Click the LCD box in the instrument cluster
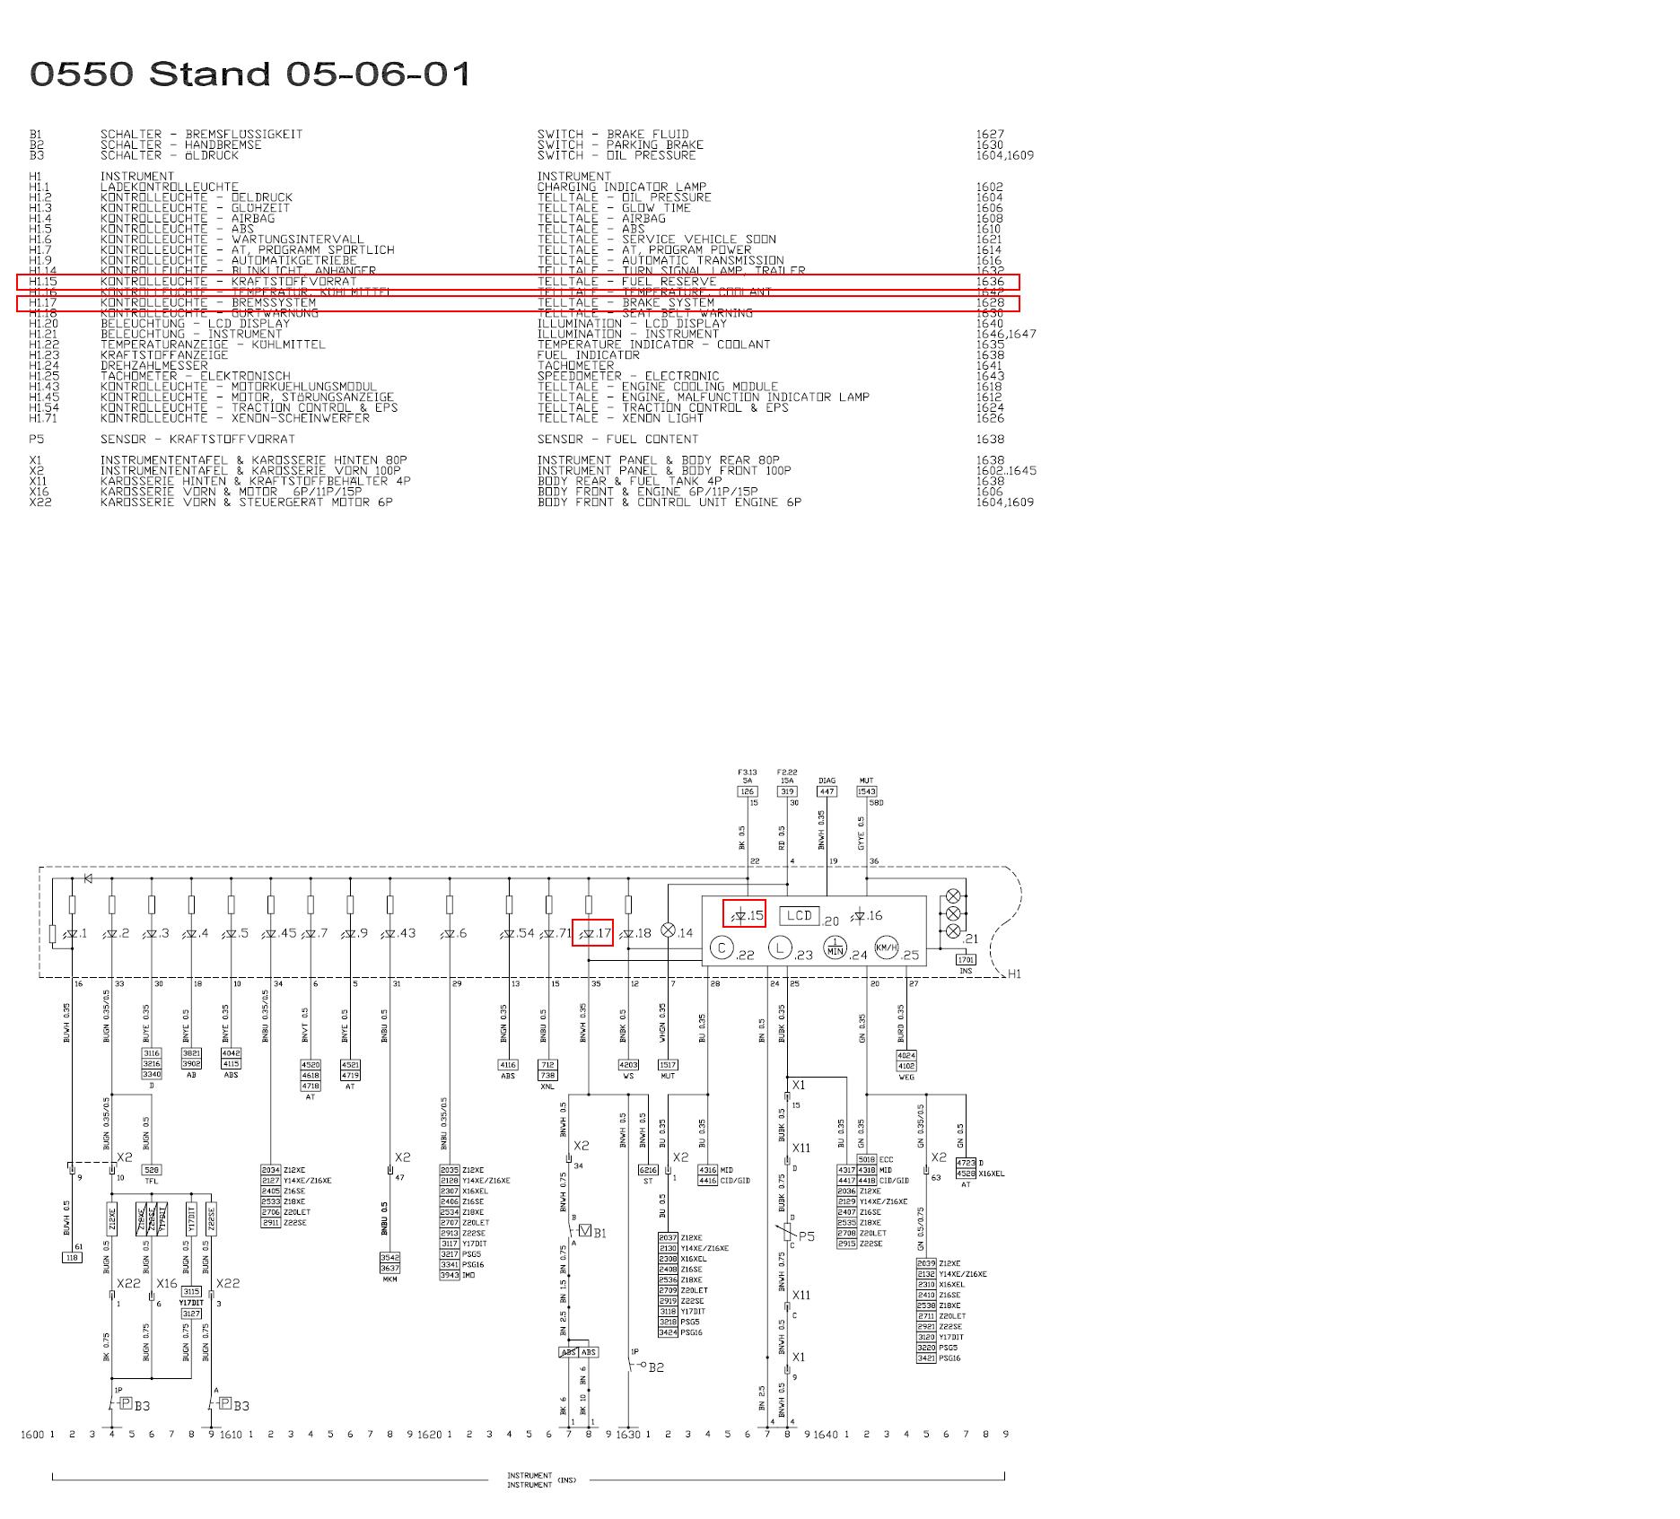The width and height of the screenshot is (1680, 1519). [x=799, y=915]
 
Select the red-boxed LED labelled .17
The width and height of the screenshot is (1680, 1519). [x=592, y=933]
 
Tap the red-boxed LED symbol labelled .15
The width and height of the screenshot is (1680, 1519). [x=744, y=914]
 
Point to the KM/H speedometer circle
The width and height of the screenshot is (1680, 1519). [x=886, y=947]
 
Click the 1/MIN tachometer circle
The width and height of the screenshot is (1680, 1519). [x=836, y=947]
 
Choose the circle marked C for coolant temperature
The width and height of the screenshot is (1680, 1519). [x=722, y=947]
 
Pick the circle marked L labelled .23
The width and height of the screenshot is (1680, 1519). [x=781, y=947]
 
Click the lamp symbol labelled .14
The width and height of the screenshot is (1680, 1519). [x=669, y=930]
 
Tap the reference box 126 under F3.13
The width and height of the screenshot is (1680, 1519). [x=748, y=791]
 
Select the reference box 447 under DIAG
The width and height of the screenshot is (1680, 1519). [x=827, y=791]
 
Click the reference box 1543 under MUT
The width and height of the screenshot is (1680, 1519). [x=866, y=791]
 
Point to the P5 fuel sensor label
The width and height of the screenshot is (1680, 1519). [x=807, y=1236]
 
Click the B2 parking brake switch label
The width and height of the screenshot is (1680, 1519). [x=656, y=1367]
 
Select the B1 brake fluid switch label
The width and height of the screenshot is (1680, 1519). [x=599, y=1233]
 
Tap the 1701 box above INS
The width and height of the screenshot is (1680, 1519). [x=966, y=960]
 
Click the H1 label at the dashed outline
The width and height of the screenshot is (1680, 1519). [x=1014, y=973]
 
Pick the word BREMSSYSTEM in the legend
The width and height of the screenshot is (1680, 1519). [x=274, y=303]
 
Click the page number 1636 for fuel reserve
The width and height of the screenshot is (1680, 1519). [x=990, y=282]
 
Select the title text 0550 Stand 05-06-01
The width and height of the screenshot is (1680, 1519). [x=251, y=74]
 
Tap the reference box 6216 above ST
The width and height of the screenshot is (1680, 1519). [x=647, y=1170]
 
